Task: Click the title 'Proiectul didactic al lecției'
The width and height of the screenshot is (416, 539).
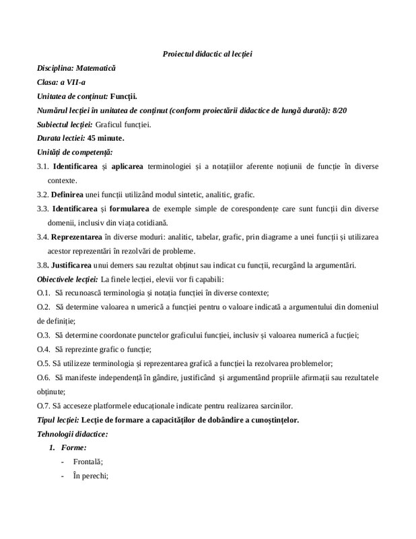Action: click(207, 53)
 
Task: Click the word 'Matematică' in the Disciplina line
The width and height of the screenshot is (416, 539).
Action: click(96, 68)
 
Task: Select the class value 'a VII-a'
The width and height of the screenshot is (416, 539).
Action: click(73, 82)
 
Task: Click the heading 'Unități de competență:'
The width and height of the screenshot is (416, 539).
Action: click(75, 152)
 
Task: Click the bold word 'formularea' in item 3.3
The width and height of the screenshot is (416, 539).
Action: click(131, 209)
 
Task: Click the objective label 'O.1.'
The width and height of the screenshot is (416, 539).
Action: click(44, 293)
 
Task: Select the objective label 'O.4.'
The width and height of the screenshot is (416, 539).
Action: click(44, 349)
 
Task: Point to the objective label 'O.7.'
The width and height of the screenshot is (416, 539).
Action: click(44, 406)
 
